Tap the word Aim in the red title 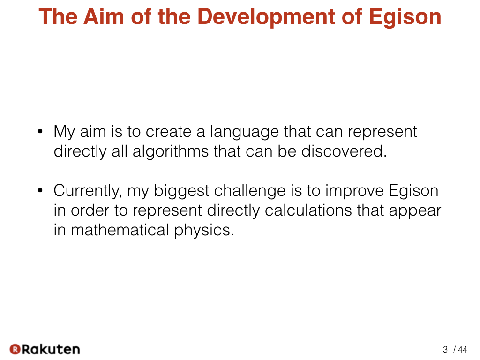click(x=104, y=16)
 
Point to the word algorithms click(x=171, y=151)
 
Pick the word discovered click(x=344, y=151)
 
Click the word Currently click(x=88, y=191)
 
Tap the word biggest click(x=181, y=191)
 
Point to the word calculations click(x=308, y=210)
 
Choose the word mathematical click(x=120, y=230)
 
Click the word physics click(x=204, y=231)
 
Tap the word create click(x=168, y=132)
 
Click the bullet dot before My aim click(x=40, y=132)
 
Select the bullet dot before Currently click(x=40, y=190)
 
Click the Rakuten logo click(x=45, y=349)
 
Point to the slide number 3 click(x=445, y=349)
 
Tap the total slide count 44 click(x=463, y=349)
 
